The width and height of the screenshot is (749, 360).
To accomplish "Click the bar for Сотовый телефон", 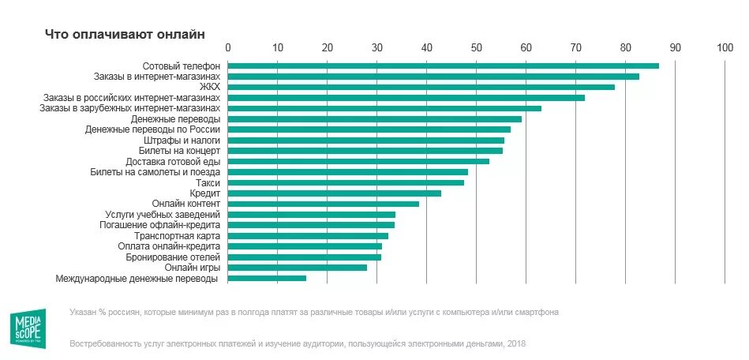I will [x=443, y=66].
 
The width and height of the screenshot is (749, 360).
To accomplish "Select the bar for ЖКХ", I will [x=421, y=87].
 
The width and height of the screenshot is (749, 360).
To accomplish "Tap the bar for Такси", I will [x=346, y=182].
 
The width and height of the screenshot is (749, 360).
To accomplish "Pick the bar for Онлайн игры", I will [x=298, y=268].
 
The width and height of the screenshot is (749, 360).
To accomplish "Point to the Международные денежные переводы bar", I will [x=267, y=278].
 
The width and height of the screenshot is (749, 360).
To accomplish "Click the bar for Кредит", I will [x=334, y=193].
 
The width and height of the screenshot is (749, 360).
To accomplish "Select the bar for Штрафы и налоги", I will [x=365, y=140].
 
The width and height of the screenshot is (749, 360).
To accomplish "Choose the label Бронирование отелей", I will [x=171, y=257].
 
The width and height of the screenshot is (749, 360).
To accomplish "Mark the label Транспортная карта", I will [x=178, y=236].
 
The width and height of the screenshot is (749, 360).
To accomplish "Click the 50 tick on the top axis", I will [x=477, y=47].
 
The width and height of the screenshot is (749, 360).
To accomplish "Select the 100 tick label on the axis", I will [x=725, y=47].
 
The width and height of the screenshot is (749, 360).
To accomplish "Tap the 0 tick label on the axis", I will [x=228, y=47].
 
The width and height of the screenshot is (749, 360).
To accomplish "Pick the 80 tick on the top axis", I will [x=626, y=47].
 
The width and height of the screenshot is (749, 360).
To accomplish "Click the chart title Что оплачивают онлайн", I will [x=124, y=35].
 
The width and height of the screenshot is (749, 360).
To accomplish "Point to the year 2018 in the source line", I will [x=515, y=343].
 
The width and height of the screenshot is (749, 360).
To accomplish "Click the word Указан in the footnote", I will [x=84, y=313].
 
